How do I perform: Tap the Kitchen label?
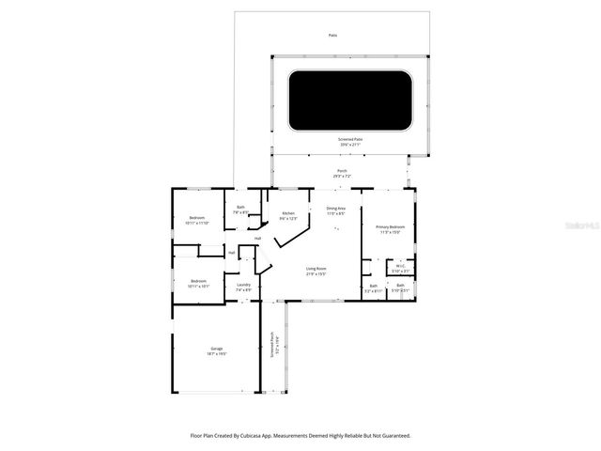(x=288, y=215)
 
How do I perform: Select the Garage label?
(x=218, y=350)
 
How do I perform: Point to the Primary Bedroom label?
(x=391, y=228)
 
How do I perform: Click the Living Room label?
(x=316, y=271)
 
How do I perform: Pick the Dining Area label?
(x=335, y=210)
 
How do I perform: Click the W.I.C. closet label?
(x=400, y=267)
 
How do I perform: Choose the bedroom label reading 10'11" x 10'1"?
(x=198, y=283)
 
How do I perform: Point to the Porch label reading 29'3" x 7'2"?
(x=342, y=173)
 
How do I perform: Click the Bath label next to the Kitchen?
(x=241, y=210)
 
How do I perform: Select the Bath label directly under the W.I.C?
(x=400, y=287)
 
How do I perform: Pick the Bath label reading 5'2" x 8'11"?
(x=373, y=288)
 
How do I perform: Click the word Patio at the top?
(x=332, y=36)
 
